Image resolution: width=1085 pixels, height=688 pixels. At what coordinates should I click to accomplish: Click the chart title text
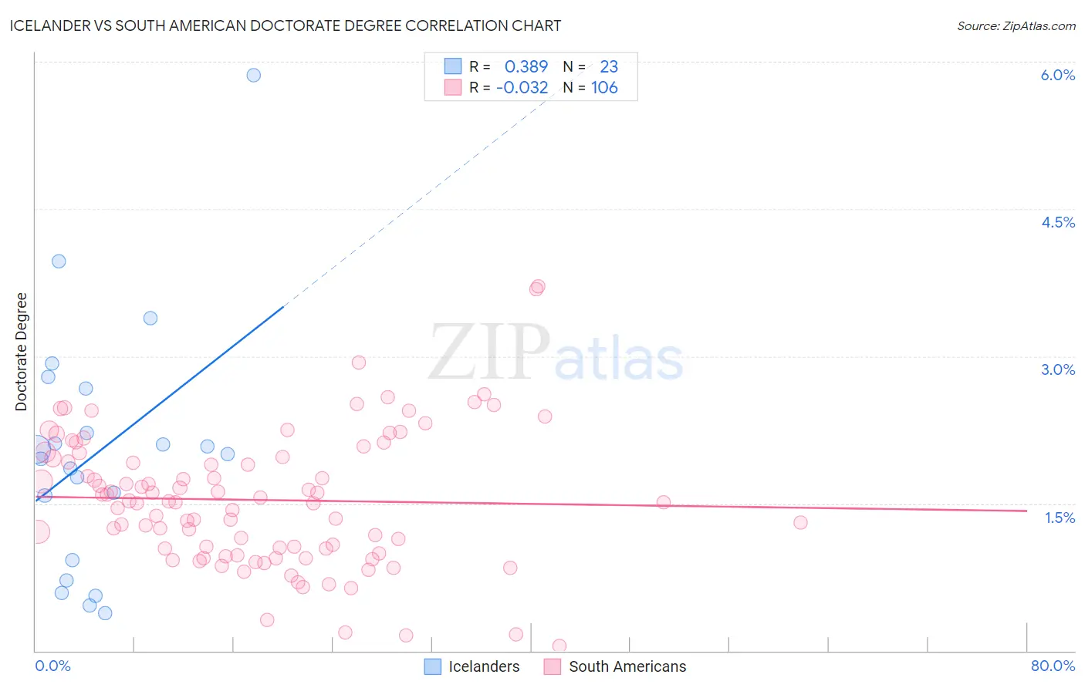(286, 25)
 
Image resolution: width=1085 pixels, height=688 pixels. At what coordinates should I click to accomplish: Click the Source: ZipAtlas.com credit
(1016, 25)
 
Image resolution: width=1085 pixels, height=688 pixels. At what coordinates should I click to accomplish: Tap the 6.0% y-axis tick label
(1057, 75)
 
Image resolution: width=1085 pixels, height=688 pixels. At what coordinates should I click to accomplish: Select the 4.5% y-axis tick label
(1057, 222)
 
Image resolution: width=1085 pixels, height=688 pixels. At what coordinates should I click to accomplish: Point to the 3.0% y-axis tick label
(1057, 369)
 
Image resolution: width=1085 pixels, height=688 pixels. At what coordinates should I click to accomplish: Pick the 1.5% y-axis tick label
(1060, 518)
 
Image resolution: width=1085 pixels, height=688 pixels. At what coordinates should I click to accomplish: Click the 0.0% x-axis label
(52, 666)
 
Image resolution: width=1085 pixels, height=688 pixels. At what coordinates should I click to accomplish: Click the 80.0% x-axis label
(1053, 666)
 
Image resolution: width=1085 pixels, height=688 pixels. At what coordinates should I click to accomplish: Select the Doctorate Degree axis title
(21, 352)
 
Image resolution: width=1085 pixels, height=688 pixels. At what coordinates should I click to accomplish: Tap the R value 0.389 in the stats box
(526, 66)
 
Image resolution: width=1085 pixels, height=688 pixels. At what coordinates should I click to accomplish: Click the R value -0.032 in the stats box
(522, 87)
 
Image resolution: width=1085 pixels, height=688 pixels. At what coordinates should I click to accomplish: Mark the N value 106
(604, 87)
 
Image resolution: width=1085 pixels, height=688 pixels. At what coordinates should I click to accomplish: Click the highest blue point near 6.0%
(253, 75)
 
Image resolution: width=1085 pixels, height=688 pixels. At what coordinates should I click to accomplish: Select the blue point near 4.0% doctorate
(59, 261)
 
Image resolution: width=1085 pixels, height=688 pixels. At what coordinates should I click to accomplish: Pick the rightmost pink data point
(800, 522)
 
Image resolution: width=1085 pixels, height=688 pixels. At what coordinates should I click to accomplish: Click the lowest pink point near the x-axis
(559, 646)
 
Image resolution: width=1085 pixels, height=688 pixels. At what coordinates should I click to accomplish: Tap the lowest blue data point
(105, 613)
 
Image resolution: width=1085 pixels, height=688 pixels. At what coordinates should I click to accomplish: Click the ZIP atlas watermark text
(556, 353)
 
